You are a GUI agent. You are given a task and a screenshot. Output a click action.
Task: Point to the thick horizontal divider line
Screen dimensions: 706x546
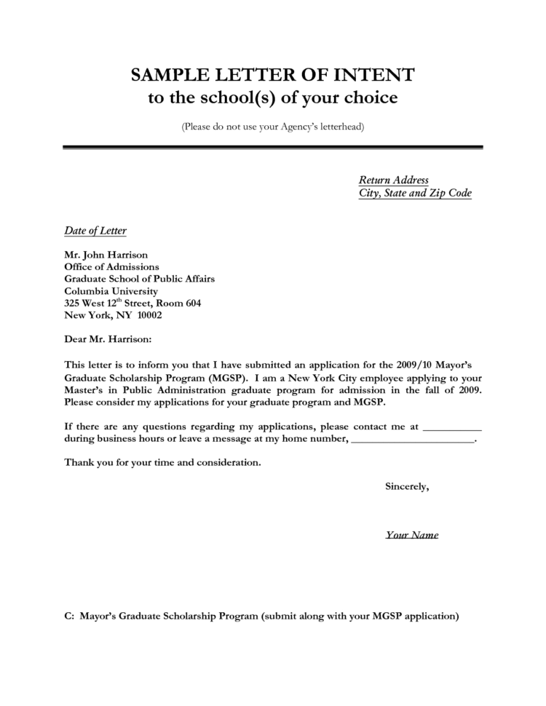273,147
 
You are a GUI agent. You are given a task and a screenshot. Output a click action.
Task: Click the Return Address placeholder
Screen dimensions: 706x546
393,180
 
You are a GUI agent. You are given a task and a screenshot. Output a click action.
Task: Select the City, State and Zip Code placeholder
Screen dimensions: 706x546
415,193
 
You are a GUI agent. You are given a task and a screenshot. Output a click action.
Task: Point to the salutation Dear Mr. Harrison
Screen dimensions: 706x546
108,339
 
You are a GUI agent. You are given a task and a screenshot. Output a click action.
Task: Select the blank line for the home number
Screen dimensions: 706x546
412,440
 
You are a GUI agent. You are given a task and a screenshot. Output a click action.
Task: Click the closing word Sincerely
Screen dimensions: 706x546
406,486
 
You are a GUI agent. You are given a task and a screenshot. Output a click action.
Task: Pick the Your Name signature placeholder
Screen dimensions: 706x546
411,535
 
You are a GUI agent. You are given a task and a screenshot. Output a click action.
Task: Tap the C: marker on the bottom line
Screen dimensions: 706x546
70,616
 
